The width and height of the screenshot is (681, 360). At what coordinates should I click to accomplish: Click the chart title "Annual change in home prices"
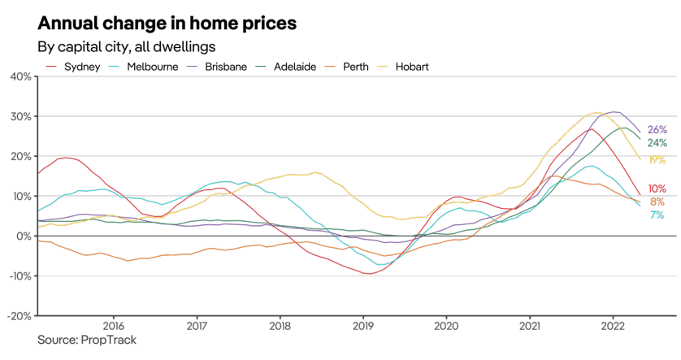167,22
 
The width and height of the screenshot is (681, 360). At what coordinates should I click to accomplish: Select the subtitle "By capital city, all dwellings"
126,46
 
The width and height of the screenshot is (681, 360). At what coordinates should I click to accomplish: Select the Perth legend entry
358,67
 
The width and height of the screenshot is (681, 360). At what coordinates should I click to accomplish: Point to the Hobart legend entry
412,67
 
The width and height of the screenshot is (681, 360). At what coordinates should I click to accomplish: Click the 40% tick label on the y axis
20,76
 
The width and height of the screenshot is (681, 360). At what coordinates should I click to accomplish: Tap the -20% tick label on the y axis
19,315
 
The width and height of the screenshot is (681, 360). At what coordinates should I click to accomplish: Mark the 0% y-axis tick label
23,236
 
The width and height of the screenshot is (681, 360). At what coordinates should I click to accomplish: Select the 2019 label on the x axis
362,326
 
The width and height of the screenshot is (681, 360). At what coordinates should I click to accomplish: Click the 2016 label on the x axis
112,326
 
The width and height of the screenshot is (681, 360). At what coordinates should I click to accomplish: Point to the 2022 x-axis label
612,326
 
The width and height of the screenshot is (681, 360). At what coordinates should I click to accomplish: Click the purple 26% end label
657,130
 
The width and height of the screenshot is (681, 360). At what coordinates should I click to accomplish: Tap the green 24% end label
657,143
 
